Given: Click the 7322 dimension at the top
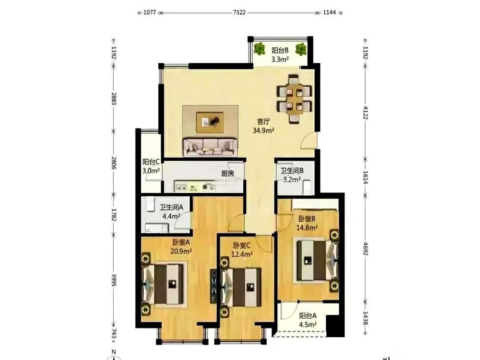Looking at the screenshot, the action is coord(239,12).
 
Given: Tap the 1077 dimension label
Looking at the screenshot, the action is coord(150,12).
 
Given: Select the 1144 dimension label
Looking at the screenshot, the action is coord(329,12).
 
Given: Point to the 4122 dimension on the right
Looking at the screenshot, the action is coord(365,112).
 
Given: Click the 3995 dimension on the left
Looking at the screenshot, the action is coord(114,280).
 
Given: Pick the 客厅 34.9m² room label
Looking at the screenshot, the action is coord(263,126).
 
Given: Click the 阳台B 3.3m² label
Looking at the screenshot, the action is coord(280,55).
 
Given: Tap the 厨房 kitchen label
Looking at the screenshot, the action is coord(228,173).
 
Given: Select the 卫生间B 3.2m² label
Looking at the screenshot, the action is coord(292,175).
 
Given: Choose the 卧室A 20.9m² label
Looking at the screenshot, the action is coord(181,247).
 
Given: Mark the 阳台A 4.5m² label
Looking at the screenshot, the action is coord(308,320).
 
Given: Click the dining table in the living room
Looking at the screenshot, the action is coord(294,99).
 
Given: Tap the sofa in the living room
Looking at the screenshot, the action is coord(210,147).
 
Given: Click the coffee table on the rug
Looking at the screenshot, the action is coord(210,122).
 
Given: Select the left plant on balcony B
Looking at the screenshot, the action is coord(260,49).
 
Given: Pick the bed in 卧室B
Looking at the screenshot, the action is coord(316,260).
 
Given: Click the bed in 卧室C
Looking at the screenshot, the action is coord(241,287).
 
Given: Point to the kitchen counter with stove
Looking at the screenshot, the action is coord(195,186).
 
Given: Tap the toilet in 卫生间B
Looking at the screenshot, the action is coord(307,187).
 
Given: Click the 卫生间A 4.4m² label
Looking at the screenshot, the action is coord(172,212).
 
